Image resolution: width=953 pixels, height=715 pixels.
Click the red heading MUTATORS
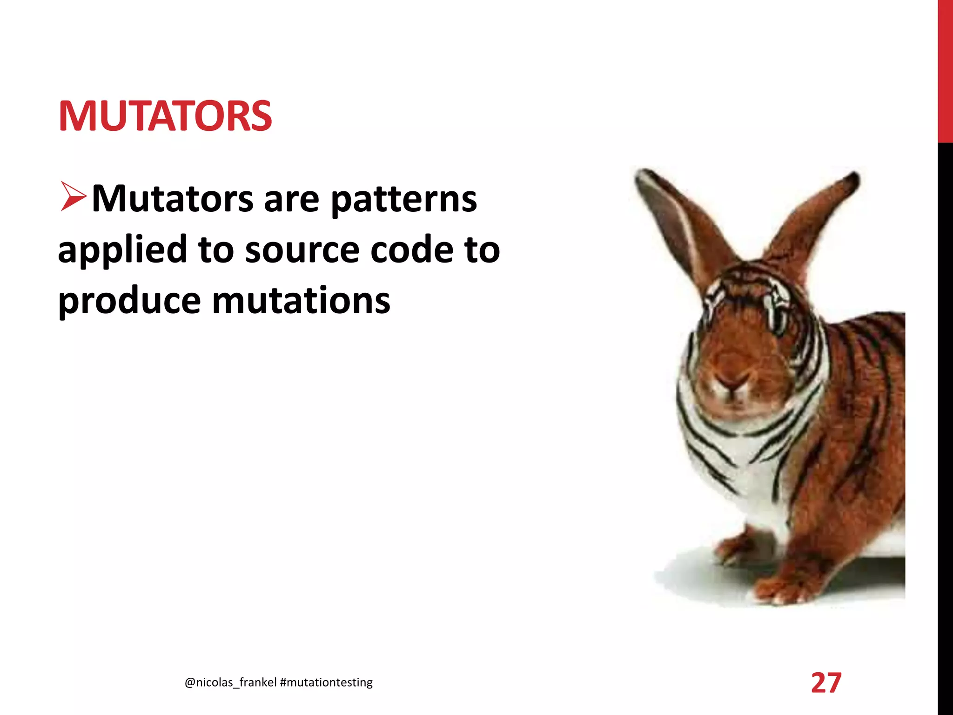point(165,116)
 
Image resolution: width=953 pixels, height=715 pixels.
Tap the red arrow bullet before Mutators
point(73,197)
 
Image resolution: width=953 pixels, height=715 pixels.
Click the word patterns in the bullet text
point(403,200)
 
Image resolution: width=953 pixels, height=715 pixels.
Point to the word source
point(302,250)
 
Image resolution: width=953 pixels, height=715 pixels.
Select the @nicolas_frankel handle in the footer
point(231,682)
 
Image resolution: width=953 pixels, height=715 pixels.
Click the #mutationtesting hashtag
point(327,682)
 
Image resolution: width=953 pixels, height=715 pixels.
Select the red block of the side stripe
point(945,70)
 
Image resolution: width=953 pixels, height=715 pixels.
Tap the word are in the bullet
point(291,200)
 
